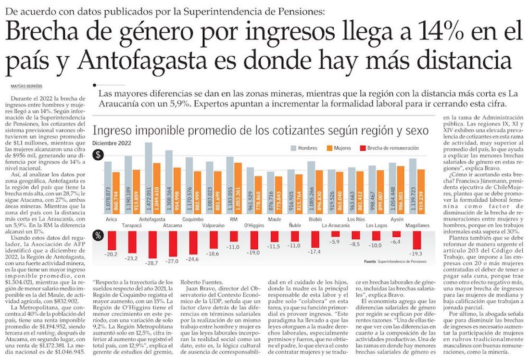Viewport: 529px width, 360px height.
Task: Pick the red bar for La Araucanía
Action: pyautogui.click(x=336, y=234)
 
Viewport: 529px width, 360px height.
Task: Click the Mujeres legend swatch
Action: pyautogui.click(x=330, y=148)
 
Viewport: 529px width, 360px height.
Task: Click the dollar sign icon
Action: pyautogui.click(x=98, y=155)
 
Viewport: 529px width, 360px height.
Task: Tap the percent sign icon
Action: pyautogui.click(x=98, y=236)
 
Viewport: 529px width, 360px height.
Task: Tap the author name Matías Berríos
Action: pyautogui.click(x=26, y=86)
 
